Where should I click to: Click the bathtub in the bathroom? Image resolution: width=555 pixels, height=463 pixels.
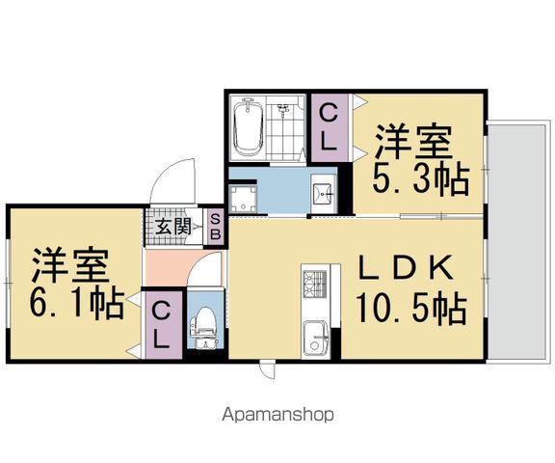click(x=248, y=127)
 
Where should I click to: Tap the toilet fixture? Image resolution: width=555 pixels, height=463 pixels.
click(x=203, y=327)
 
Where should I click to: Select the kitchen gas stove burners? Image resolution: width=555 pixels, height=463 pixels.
click(x=315, y=284)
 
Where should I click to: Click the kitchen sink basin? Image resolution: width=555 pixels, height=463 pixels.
click(x=316, y=339)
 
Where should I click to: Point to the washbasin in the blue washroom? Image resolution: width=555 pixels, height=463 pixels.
click(x=323, y=194)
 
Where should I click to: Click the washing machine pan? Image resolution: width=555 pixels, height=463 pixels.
click(x=243, y=199)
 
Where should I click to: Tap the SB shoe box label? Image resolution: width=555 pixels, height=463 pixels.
click(x=215, y=227)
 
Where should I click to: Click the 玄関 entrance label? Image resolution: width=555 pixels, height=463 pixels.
click(x=173, y=227)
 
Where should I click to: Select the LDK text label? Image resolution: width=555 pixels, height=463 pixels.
click(x=406, y=268)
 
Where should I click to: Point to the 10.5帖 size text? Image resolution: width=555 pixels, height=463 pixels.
click(x=411, y=308)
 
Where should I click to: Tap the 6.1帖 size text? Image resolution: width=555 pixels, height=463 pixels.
click(x=77, y=304)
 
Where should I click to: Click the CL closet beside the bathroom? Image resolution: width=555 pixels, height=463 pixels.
click(x=329, y=128)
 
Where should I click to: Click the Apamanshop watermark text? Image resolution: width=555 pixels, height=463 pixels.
click(x=277, y=415)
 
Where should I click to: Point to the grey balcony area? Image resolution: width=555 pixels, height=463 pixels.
click(x=518, y=241)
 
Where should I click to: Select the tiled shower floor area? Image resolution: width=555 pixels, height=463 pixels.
click(x=285, y=130)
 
